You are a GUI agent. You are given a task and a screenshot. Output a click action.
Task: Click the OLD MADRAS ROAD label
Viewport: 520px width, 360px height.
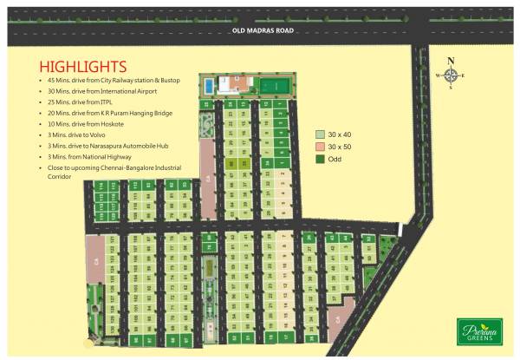[x=263, y=31]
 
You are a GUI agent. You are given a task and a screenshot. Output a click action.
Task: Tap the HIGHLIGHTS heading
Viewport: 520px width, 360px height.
[x=83, y=67]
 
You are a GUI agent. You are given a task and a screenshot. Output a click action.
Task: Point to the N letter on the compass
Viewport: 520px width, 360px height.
[x=451, y=61]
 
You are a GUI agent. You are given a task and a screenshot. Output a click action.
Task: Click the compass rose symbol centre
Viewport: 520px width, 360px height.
[x=451, y=75]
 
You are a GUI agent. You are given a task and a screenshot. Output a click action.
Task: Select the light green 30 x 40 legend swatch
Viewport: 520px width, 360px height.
[x=320, y=134]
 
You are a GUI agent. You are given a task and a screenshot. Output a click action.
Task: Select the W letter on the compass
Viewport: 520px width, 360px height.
[x=439, y=76]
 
